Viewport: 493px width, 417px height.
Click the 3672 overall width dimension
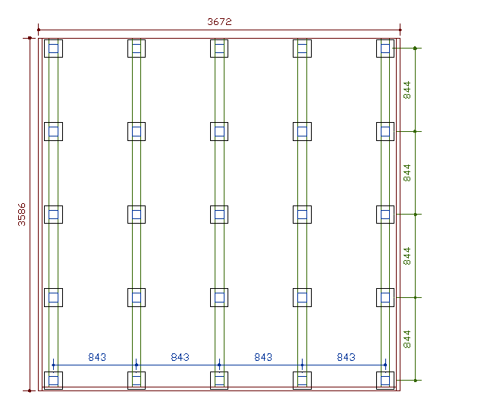[219, 22]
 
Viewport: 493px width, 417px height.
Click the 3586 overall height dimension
[22, 214]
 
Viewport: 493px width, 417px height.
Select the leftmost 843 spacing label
[97, 357]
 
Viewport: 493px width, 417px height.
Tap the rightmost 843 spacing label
[346, 357]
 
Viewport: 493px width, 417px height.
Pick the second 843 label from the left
[180, 357]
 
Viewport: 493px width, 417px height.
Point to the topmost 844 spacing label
[407, 89]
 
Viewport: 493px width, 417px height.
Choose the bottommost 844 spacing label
[407, 338]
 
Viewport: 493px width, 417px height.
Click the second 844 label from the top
[407, 172]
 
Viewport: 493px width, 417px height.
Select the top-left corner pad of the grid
[53, 49]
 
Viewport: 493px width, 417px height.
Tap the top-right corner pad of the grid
[385, 49]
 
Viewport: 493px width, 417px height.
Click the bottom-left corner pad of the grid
[53, 380]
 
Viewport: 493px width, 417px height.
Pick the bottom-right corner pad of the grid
[385, 380]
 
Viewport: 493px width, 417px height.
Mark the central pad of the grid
[219, 215]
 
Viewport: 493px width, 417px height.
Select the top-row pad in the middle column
[219, 49]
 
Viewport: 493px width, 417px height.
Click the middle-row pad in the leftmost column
[53, 215]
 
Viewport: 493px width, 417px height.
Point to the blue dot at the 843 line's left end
[53, 365]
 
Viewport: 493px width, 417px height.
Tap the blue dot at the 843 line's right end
[385, 365]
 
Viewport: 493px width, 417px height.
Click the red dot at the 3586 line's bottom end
[30, 390]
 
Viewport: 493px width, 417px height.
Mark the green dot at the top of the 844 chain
[416, 49]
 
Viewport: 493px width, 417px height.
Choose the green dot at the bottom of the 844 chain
[416, 380]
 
